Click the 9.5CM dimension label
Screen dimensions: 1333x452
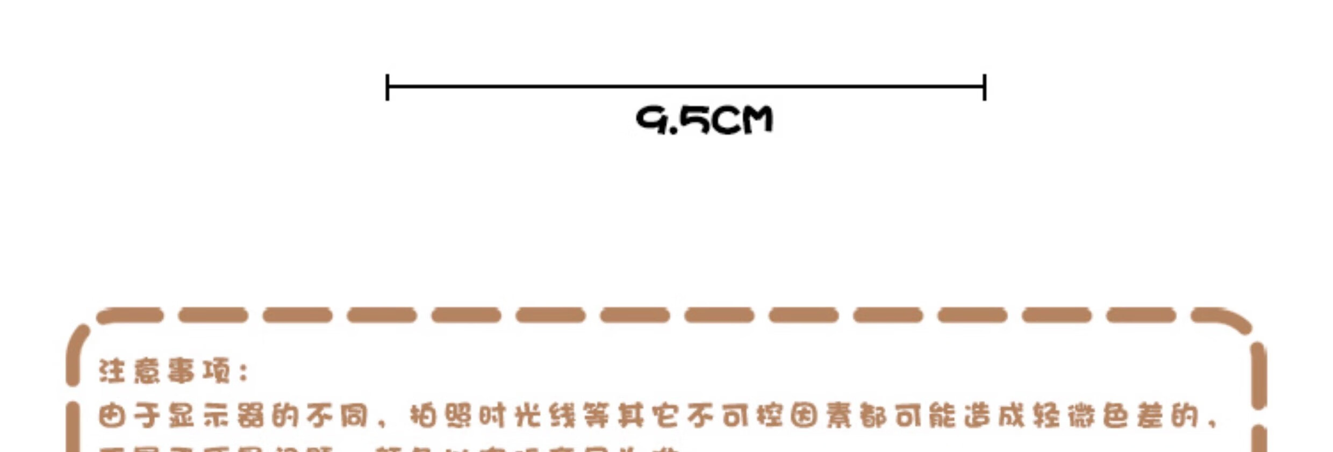704,120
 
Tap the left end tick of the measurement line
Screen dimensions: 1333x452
388,87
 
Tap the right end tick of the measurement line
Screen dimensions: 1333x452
984,87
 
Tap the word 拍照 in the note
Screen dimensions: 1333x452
441,416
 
